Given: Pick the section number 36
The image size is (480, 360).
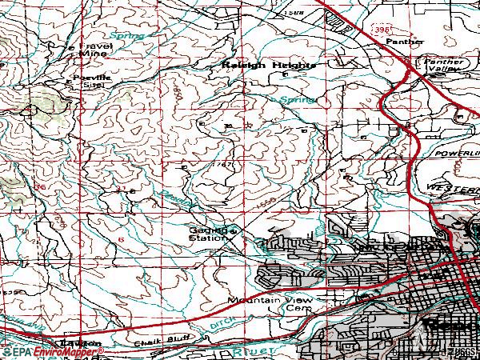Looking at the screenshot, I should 40,186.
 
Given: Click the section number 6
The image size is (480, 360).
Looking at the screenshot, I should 120,240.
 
